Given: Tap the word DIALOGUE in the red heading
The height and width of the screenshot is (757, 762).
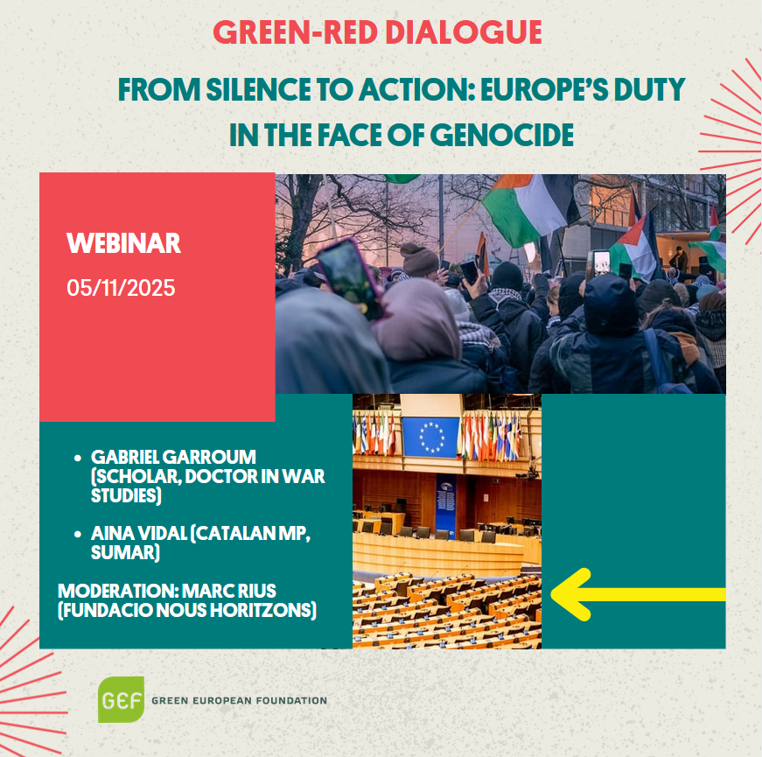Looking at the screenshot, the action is [x=464, y=32].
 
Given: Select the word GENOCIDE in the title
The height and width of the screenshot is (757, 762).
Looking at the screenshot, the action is [x=502, y=135].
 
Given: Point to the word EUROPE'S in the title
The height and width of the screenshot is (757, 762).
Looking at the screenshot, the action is [x=544, y=90].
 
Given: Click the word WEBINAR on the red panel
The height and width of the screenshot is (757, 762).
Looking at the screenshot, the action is [x=123, y=243].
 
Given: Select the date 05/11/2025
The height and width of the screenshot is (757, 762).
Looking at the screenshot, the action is [x=121, y=288].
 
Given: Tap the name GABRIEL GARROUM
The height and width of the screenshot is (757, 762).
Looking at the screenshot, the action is [x=173, y=457].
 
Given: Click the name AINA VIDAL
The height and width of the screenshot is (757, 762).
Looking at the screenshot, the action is [x=139, y=533].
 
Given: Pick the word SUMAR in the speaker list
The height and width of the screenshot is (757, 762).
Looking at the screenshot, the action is [x=125, y=552].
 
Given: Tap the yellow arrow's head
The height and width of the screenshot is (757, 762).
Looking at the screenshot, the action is [x=571, y=594].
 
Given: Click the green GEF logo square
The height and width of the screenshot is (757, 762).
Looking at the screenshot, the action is [x=121, y=699].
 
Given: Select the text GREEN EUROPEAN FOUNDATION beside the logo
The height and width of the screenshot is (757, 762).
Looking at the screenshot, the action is [x=239, y=701].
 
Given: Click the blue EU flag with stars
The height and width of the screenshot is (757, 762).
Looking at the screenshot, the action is [x=430, y=437].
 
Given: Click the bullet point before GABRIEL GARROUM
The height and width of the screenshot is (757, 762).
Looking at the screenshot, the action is [x=78, y=458].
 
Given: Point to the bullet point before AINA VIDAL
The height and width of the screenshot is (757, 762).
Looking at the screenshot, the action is [x=78, y=534].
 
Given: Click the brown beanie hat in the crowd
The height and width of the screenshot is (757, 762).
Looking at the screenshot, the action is [x=419, y=260].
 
